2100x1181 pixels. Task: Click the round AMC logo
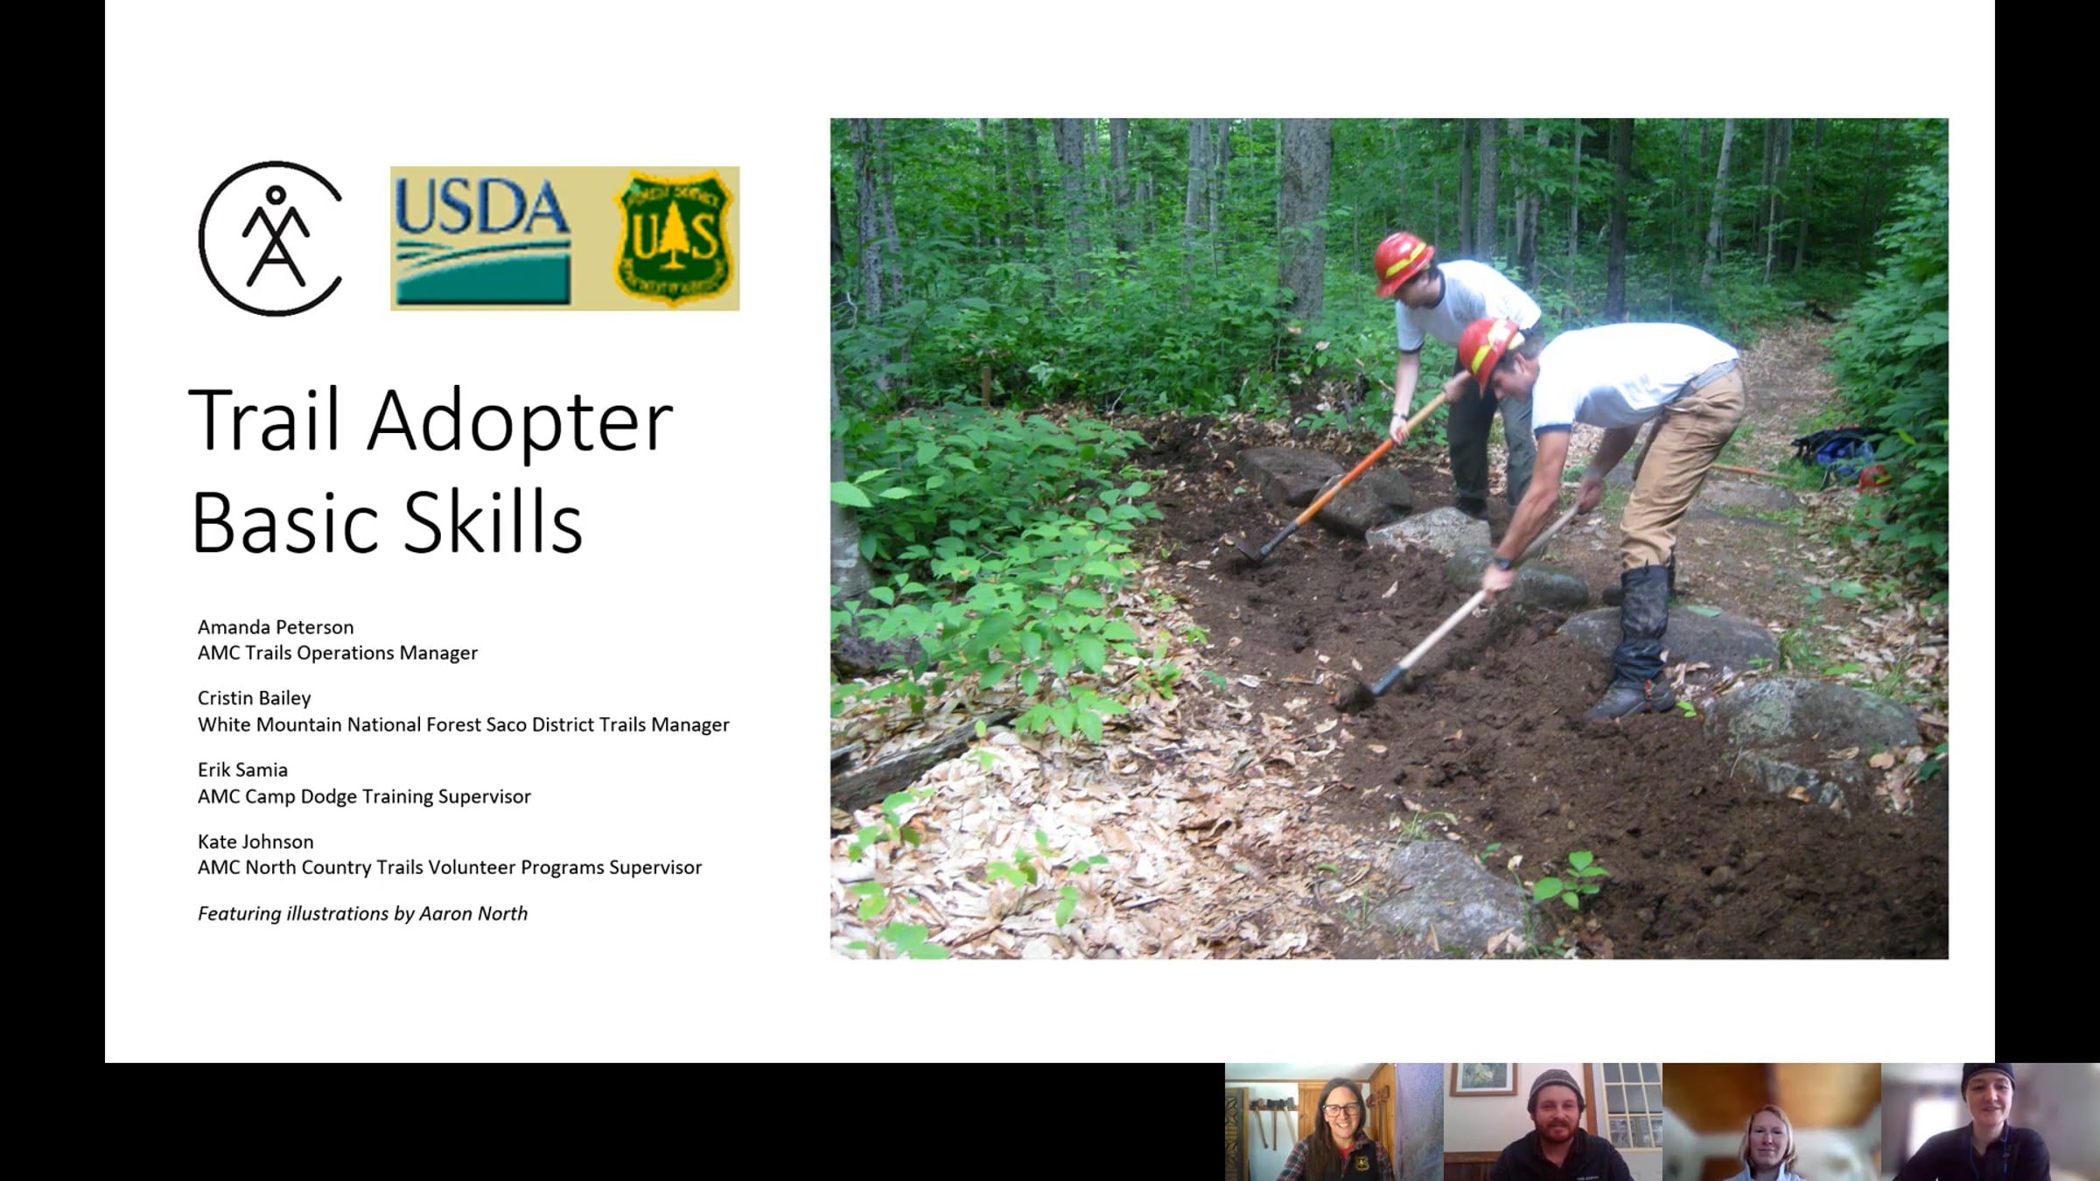[x=270, y=238]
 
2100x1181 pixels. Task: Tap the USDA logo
[x=482, y=238]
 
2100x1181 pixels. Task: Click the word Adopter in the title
[x=519, y=422]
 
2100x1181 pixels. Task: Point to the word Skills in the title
[x=493, y=523]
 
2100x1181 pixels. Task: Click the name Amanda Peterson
[x=276, y=627]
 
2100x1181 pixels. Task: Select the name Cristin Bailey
[x=254, y=698]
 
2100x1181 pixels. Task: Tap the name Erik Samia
[x=242, y=770]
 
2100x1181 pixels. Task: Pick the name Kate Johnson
[x=255, y=842]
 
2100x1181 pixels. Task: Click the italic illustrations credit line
[x=362, y=913]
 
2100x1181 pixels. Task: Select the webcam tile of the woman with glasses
[x=1333, y=1122]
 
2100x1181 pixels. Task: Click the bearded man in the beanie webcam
[x=1552, y=1122]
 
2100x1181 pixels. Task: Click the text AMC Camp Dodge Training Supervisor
[x=364, y=796]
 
